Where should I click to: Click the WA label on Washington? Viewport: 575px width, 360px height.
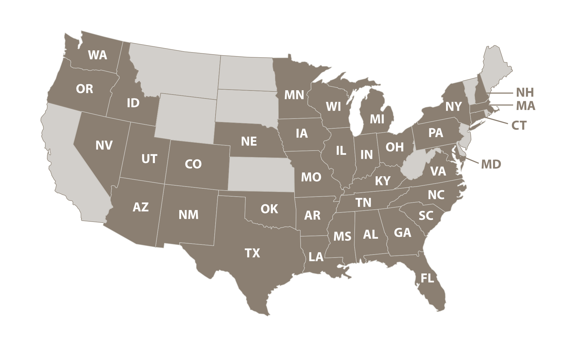(x=98, y=55)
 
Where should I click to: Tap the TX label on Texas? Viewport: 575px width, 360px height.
(x=252, y=253)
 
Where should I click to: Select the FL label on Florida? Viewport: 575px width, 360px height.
(x=427, y=278)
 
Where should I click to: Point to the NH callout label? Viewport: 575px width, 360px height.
(x=525, y=92)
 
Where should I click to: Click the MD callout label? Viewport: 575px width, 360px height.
(x=491, y=165)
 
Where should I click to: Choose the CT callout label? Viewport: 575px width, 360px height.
(x=519, y=126)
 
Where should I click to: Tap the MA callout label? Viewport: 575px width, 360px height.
(x=526, y=106)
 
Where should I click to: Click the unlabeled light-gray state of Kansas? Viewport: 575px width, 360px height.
(x=261, y=174)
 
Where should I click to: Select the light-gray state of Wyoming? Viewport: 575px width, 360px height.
(x=186, y=119)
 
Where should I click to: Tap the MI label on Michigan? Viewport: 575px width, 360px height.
(x=377, y=119)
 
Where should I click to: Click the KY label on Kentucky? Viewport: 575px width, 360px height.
(x=382, y=181)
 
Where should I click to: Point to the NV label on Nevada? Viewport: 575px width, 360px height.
(x=104, y=145)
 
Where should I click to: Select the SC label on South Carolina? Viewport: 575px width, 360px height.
(x=426, y=216)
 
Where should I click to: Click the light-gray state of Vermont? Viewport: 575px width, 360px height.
(x=469, y=91)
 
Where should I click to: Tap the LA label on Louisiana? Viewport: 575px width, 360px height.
(x=316, y=257)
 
